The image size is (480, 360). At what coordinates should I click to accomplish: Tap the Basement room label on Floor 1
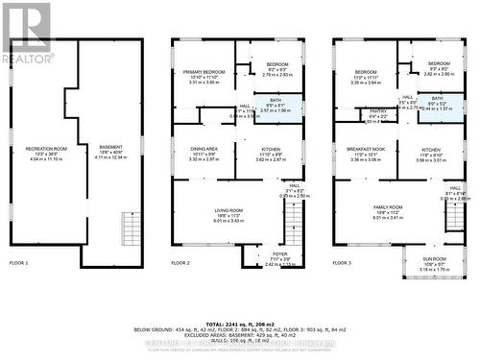click(111, 152)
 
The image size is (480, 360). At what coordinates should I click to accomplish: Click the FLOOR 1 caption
click(19, 262)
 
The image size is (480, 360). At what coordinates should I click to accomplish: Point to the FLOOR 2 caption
click(180, 262)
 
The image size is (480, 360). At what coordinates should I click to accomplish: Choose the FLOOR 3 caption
click(343, 262)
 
